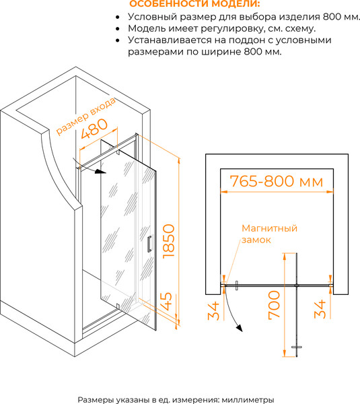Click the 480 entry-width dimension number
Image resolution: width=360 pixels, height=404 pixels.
click(94, 129)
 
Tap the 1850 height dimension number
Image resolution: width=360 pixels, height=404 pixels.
click(169, 241)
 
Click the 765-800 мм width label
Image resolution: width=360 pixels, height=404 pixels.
click(277, 181)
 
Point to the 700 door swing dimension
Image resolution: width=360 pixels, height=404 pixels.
click(274, 305)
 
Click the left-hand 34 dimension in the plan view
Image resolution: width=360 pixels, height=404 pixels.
click(213, 310)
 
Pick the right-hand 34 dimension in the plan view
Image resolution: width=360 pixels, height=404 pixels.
click(320, 309)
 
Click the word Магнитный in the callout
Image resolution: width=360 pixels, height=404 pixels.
click(269, 228)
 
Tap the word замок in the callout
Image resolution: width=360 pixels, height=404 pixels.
click(256, 240)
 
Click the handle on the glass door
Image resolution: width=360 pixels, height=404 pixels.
click(149, 244)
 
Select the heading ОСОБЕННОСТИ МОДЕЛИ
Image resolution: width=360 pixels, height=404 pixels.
click(194, 4)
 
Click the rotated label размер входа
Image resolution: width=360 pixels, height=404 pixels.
click(85, 116)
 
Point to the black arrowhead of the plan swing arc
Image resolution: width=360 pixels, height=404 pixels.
click(240, 328)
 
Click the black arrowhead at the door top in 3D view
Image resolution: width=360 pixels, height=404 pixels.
click(100, 171)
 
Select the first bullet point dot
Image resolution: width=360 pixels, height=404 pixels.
click(118, 17)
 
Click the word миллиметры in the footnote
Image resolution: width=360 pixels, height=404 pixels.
click(248, 400)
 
